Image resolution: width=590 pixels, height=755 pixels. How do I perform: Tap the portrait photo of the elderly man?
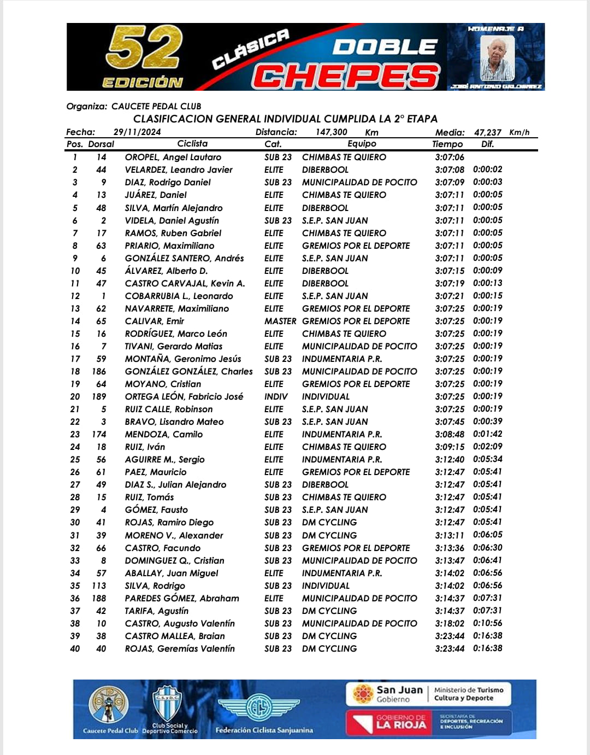point(497,58)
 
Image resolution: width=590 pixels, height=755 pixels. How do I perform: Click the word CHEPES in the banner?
point(345,75)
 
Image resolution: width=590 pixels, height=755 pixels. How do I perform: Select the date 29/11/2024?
point(137,132)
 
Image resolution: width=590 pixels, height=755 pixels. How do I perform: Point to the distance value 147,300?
point(331,132)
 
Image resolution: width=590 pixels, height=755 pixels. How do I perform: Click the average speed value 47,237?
point(487,132)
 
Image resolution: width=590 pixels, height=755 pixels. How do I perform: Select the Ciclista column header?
point(192,144)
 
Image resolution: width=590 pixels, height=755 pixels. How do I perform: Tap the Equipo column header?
point(362,144)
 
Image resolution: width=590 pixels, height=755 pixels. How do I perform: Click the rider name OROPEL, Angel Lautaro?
point(173,157)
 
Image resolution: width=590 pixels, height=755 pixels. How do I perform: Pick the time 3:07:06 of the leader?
point(450,157)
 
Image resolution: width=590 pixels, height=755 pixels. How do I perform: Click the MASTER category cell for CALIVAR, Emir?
point(280,321)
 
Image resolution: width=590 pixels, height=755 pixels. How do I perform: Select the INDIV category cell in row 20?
point(276,396)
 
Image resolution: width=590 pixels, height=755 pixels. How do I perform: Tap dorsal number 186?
point(99,371)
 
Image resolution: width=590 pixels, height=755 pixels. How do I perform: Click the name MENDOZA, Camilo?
point(163,434)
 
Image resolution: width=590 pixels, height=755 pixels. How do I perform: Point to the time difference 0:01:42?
point(487,434)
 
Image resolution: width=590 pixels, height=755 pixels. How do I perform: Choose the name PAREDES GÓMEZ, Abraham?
point(182,598)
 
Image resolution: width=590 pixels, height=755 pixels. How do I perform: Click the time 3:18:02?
point(450,623)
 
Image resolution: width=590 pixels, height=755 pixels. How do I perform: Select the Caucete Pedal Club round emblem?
point(109,706)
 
